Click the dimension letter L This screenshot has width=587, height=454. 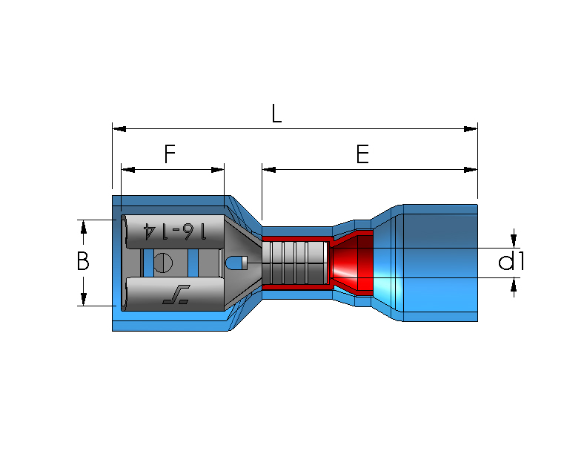(276, 113)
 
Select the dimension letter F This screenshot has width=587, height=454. (170, 154)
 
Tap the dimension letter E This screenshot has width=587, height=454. (362, 154)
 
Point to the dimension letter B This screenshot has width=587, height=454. (83, 260)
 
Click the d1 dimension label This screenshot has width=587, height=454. (511, 260)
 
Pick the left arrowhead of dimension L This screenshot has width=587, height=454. (119, 129)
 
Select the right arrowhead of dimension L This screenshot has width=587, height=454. (471, 129)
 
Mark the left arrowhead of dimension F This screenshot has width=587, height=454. (128, 170)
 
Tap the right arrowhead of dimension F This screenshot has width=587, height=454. (217, 170)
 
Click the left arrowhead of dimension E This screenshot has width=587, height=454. (269, 170)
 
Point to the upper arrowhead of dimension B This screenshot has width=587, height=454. (84, 227)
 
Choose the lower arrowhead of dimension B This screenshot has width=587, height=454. (84, 299)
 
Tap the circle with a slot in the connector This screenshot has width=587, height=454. (163, 263)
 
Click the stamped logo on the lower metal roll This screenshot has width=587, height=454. (176, 295)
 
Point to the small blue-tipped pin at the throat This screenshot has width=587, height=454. (236, 263)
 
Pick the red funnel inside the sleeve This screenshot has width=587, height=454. (351, 263)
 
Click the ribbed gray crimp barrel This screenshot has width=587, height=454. (295, 263)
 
